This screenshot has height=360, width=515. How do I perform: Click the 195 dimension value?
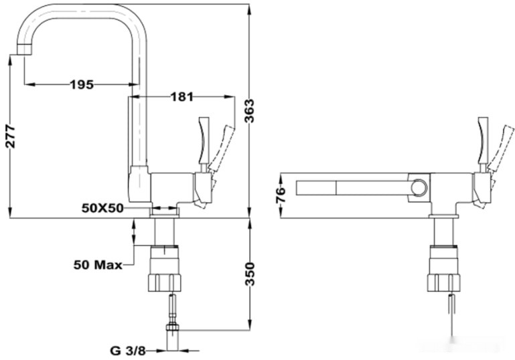tap(81, 84)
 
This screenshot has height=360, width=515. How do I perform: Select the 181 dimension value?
tap(181, 97)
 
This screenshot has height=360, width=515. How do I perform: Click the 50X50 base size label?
tap(102, 208)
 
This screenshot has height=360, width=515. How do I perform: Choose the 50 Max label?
tap(98, 264)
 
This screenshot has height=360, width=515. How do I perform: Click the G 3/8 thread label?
tap(127, 349)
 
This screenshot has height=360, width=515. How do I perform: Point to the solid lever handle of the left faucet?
tap(204, 143)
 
